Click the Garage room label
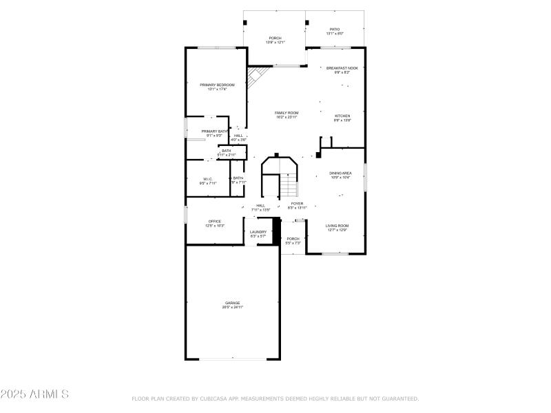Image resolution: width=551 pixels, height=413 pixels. (x=232, y=303)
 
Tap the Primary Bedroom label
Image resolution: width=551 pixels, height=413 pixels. (x=217, y=85)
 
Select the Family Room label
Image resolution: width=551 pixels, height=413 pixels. (x=287, y=113)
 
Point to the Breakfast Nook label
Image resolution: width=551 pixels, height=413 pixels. (x=342, y=68)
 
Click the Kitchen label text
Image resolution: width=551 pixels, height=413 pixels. (x=342, y=116)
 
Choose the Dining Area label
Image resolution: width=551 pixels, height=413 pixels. (x=340, y=173)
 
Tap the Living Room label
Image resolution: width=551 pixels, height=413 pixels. (x=337, y=226)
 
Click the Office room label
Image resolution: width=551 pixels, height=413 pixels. (x=215, y=221)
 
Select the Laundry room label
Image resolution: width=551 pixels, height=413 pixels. (x=258, y=232)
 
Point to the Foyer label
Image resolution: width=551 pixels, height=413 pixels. (x=297, y=204)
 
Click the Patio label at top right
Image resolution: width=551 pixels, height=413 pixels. (x=334, y=30)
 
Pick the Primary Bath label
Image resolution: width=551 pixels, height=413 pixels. (x=214, y=131)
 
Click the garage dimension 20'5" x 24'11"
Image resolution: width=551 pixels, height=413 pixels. (x=232, y=307)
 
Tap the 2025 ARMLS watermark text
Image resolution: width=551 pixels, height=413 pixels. (x=34, y=394)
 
